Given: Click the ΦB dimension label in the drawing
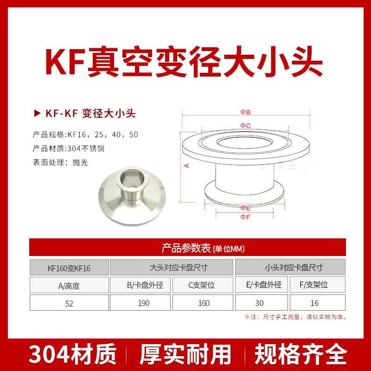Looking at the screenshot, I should click(x=245, y=113).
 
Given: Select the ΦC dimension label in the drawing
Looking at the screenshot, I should click(x=245, y=126).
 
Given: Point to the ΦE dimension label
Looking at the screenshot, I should click(x=245, y=208).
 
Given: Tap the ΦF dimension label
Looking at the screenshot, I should click(x=245, y=217).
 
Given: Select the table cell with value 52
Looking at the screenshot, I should click(x=69, y=303).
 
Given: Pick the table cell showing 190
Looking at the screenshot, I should click(x=141, y=303).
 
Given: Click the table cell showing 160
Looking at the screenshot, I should click(x=204, y=303).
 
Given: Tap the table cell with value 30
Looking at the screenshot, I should click(x=259, y=303).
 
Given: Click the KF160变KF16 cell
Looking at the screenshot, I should click(x=69, y=268).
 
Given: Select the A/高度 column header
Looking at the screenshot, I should click(x=69, y=286).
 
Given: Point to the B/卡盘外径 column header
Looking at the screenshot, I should click(x=141, y=285).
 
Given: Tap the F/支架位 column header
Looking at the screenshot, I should click(x=317, y=285).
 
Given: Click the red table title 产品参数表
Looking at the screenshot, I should click(x=186, y=248).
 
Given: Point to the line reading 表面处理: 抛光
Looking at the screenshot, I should click(x=60, y=162).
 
